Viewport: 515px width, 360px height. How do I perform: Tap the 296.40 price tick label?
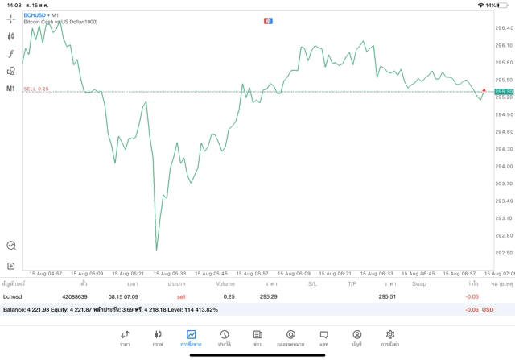504,27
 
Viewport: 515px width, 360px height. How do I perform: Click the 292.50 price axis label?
504,253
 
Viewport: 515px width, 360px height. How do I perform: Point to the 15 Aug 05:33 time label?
170,273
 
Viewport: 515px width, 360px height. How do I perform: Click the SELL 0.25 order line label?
36,89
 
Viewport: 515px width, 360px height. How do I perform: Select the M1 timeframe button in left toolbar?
11,88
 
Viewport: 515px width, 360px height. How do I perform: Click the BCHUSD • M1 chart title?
41,15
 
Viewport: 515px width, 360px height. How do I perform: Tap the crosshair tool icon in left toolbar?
11,18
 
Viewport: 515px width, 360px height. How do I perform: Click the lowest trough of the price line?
156,250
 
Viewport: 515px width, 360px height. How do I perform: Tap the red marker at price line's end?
484,91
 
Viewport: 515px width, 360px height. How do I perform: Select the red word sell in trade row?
182,296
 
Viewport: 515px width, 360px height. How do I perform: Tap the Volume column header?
225,283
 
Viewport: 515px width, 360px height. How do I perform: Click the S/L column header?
312,283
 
